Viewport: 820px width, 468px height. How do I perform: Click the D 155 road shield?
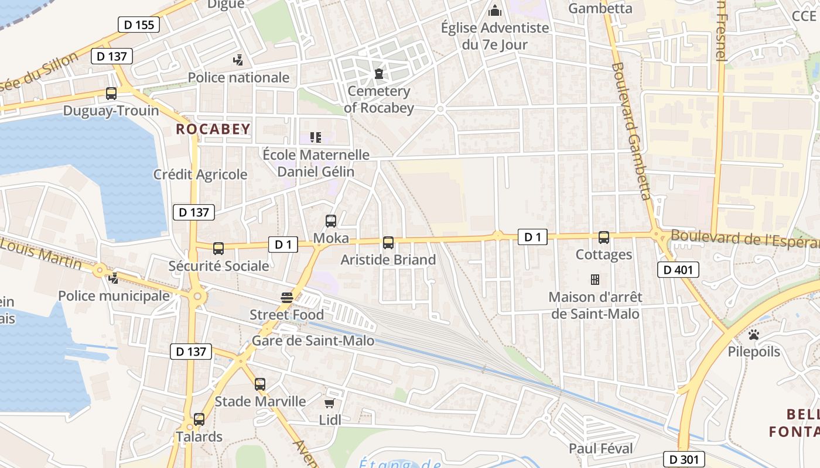coord(139,25)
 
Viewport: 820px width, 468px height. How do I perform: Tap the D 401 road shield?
coord(678,270)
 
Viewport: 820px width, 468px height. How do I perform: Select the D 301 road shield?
coord(684,459)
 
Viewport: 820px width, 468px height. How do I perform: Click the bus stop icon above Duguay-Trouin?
coord(111,94)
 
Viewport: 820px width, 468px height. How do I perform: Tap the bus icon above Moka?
coord(331,221)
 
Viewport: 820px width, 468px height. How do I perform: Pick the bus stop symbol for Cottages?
coord(604,238)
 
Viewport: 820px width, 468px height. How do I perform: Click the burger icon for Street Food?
coord(287,297)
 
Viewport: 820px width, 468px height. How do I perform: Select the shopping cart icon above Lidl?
coord(330,403)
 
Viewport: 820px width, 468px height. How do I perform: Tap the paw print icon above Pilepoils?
coord(754,335)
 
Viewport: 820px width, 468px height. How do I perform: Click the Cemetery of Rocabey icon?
coord(379,74)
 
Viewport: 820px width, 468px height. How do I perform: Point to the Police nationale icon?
coord(238,60)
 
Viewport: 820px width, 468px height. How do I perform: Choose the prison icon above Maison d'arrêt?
coord(595,280)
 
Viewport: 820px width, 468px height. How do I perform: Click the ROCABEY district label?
coord(213,129)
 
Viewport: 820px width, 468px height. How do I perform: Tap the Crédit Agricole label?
coord(200,174)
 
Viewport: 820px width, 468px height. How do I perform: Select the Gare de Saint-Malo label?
coord(313,340)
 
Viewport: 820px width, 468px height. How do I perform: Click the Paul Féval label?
coord(601,449)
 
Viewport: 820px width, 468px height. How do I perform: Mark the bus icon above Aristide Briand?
coord(388,242)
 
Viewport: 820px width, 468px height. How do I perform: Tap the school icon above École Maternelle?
coord(316,137)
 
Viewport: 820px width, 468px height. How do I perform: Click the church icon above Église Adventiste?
coord(495,11)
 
